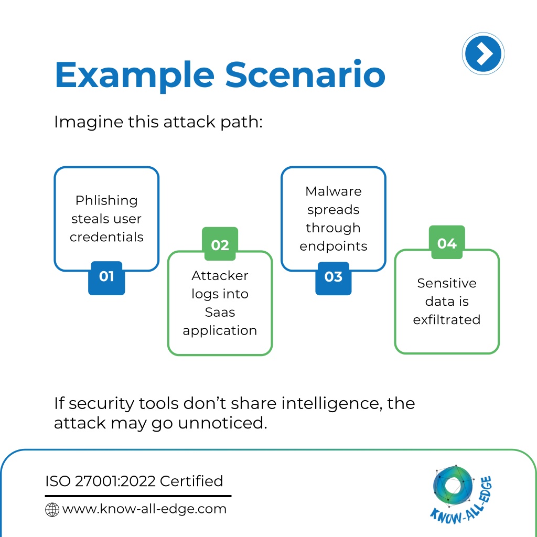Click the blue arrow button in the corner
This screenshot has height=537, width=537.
483,53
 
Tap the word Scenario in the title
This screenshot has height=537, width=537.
305,74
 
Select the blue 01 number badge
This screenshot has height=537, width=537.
106,278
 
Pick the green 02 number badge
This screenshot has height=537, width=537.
220,244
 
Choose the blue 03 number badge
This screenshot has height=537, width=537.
333,278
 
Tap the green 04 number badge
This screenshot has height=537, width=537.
447,242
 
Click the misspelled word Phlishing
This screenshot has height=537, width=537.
106,201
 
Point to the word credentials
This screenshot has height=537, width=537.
106,237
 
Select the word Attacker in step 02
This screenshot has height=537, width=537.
220,276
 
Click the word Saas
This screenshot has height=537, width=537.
220,313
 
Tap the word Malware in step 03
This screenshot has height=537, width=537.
333,191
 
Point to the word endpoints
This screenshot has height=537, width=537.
333,247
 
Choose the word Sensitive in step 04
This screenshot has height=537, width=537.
447,283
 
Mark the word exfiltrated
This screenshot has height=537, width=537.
447,320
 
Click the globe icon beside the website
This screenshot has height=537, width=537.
52,510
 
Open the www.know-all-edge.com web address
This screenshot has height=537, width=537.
144,509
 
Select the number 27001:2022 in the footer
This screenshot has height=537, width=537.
115,481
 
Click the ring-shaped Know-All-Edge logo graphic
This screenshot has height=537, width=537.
453,485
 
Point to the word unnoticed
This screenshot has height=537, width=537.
222,423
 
